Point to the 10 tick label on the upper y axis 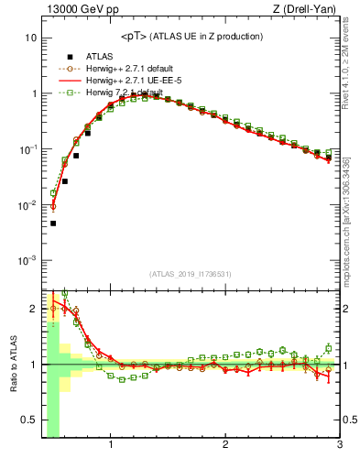(x=30, y=38)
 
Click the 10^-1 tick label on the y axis (x=28, y=149)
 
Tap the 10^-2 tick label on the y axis (x=28, y=205)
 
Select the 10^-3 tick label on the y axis (x=28, y=261)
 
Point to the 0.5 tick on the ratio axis (x=28, y=420)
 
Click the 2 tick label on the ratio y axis (x=33, y=309)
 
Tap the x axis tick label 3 (x=339, y=447)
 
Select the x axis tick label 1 (x=111, y=447)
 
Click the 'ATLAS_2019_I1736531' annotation (x=191, y=275)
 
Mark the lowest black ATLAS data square (x=53, y=223)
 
